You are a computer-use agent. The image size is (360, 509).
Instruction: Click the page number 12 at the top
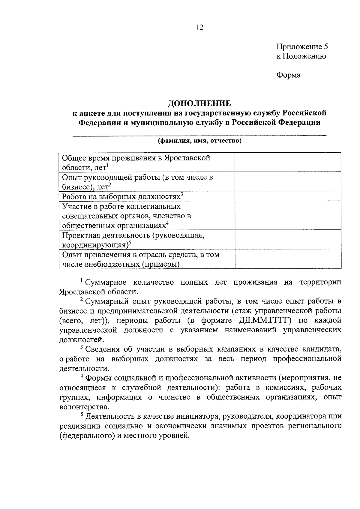pyautogui.click(x=199, y=28)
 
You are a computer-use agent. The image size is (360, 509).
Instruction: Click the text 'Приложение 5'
pyautogui.click(x=302, y=47)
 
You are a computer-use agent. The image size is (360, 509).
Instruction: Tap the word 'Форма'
pyautogui.click(x=288, y=75)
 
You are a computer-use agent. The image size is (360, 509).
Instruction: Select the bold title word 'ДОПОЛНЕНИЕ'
pyautogui.click(x=199, y=103)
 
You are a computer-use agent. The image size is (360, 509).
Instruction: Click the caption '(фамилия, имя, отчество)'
pyautogui.click(x=200, y=141)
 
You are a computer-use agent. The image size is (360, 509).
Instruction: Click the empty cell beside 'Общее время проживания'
pyautogui.click(x=288, y=162)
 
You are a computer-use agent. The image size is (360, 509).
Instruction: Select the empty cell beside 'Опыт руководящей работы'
pyautogui.click(x=288, y=181)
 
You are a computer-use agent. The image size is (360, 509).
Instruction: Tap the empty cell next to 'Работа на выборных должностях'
pyautogui.click(x=288, y=196)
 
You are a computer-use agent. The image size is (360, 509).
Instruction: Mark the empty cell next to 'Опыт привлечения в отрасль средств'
pyautogui.click(x=288, y=259)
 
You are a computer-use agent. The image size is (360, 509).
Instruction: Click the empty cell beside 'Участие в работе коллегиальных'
pyautogui.click(x=288, y=215)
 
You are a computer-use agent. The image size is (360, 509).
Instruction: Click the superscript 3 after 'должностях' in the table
pyautogui.click(x=182, y=194)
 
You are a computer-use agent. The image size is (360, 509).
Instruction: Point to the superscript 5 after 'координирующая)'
pyautogui.click(x=130, y=243)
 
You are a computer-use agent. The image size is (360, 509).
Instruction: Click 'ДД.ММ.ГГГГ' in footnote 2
pyautogui.click(x=265, y=320)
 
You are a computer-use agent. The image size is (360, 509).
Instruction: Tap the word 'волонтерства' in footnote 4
pyautogui.click(x=84, y=407)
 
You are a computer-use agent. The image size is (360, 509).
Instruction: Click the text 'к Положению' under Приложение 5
pyautogui.click(x=301, y=56)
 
